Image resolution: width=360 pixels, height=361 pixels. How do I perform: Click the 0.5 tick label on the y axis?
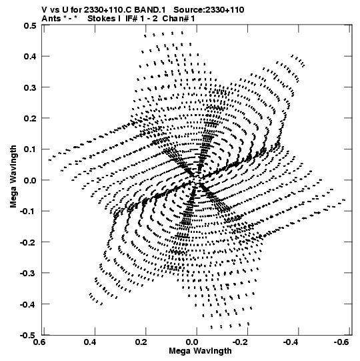click(x=30, y=25)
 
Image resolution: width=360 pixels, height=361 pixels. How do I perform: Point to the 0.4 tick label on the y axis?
click(x=30, y=56)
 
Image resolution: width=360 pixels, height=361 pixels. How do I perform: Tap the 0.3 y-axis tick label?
click(x=30, y=87)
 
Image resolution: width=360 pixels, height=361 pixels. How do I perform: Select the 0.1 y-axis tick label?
click(x=30, y=149)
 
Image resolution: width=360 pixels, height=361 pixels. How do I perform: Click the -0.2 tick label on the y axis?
click(x=28, y=242)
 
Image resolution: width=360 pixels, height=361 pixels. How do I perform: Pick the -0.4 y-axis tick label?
click(x=28, y=304)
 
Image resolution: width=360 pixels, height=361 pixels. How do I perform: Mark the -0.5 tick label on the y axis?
click(x=28, y=335)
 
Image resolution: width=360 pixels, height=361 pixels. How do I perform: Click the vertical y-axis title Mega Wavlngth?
click(x=13, y=177)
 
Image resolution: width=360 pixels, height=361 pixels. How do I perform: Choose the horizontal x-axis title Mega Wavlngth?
click(x=200, y=351)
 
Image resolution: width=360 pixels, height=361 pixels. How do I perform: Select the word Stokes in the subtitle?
click(x=102, y=19)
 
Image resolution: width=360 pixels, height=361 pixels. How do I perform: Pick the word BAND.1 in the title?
click(x=150, y=10)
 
